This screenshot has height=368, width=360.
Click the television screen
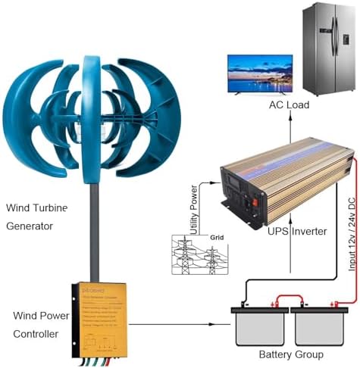coord(260,73)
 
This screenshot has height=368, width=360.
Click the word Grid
coord(216,237)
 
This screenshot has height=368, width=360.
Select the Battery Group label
coord(292,354)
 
